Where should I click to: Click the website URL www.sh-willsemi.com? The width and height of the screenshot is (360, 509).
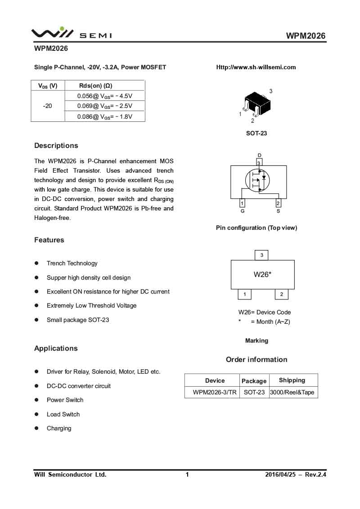click(256, 67)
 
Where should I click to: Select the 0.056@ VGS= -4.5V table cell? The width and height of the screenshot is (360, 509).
click(105, 96)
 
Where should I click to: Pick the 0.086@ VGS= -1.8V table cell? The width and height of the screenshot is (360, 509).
click(105, 116)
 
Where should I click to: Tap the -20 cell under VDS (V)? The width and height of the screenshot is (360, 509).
click(47, 106)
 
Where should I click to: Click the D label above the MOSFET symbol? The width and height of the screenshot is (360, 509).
click(259, 155)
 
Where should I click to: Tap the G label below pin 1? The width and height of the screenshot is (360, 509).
click(243, 211)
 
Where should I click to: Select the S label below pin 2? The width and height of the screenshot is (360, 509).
click(278, 211)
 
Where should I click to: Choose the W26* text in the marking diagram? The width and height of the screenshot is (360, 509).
click(262, 274)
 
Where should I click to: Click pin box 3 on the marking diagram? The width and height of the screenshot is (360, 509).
click(261, 255)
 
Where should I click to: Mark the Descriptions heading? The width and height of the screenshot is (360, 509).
click(56, 146)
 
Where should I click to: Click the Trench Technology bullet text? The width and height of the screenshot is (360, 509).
click(72, 263)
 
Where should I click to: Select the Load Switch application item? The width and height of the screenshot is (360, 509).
click(63, 415)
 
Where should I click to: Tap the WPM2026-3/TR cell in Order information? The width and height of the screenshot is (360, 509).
click(215, 392)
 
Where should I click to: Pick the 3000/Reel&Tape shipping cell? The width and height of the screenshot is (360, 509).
click(292, 392)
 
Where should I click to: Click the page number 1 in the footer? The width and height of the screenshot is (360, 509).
click(187, 474)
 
